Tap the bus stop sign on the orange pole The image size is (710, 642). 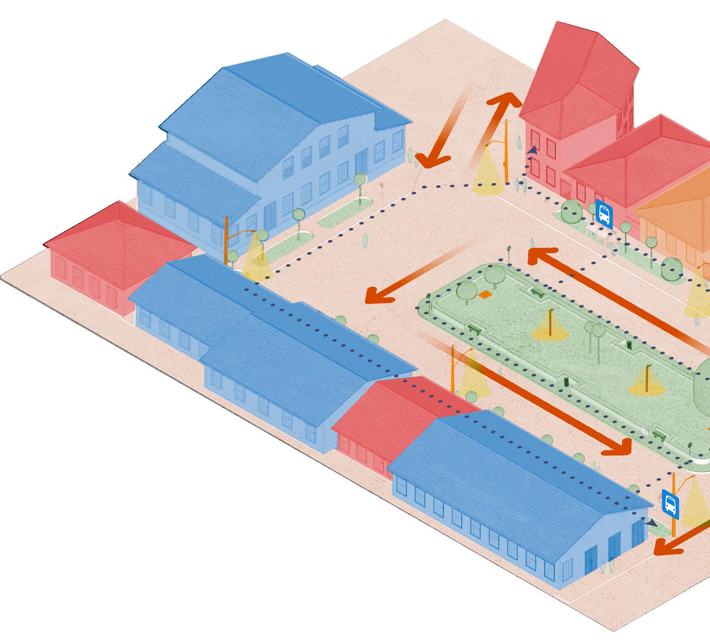(670, 504)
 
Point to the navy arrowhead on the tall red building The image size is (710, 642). (532, 150)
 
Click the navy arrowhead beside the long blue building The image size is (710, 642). (651, 522)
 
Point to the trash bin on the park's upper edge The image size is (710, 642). (629, 343)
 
